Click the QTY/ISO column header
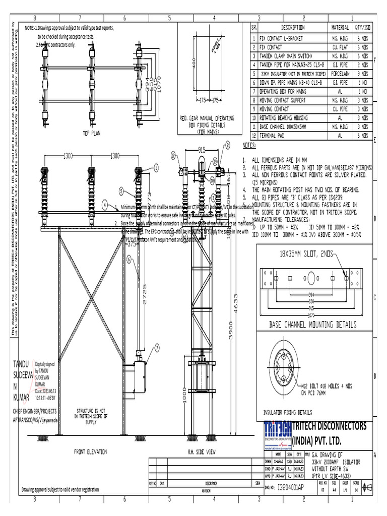(363, 28)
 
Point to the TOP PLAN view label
(92, 134)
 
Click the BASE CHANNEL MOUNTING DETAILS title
(312, 324)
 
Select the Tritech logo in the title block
(278, 434)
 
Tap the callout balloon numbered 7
(157, 347)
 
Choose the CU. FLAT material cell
(340, 46)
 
